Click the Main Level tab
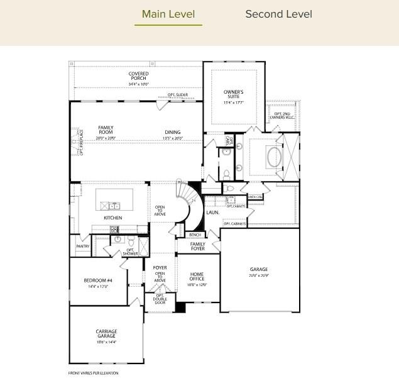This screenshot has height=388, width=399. (x=168, y=14)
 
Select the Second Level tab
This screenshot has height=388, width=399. (x=278, y=14)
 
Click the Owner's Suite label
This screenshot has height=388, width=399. (x=233, y=96)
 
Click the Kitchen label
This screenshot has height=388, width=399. (x=113, y=218)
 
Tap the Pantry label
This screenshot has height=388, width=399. (x=83, y=246)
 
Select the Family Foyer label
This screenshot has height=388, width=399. (x=198, y=247)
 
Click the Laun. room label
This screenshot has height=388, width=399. (x=212, y=213)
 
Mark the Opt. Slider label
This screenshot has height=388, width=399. (x=177, y=95)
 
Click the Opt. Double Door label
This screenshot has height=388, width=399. (x=160, y=300)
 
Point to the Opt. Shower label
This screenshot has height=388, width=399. (x=131, y=252)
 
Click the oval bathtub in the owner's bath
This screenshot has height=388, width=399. (x=275, y=157)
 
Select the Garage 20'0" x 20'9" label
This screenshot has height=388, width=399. (x=259, y=272)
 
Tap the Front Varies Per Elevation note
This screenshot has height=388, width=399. (x=93, y=373)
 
